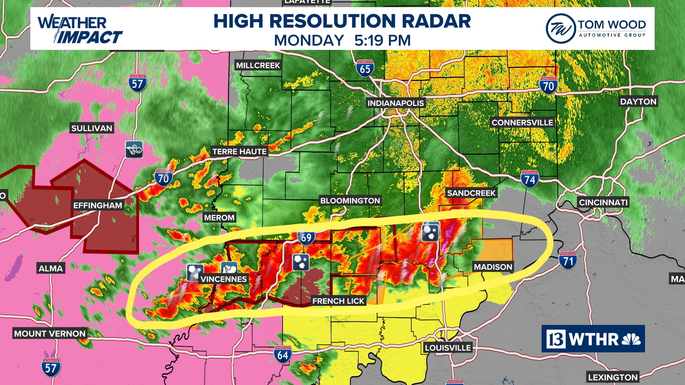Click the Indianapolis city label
[x=396, y=103]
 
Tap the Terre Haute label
[x=239, y=152]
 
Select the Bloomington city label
[x=350, y=201]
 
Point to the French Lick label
[x=338, y=301]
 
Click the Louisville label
[x=448, y=348]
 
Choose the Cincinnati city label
[x=603, y=202]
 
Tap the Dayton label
[x=638, y=102]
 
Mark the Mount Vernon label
[x=50, y=334]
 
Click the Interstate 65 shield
[x=365, y=68]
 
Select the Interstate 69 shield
[x=306, y=237]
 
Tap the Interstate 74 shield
[x=529, y=179]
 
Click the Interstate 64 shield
[x=283, y=354]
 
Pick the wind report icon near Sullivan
[x=134, y=150]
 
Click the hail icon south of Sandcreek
[x=430, y=232]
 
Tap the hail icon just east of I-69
[x=301, y=262]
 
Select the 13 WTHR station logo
[x=593, y=339]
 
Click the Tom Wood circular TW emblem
[x=560, y=29]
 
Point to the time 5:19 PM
[x=382, y=40]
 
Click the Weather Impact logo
[x=80, y=29]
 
